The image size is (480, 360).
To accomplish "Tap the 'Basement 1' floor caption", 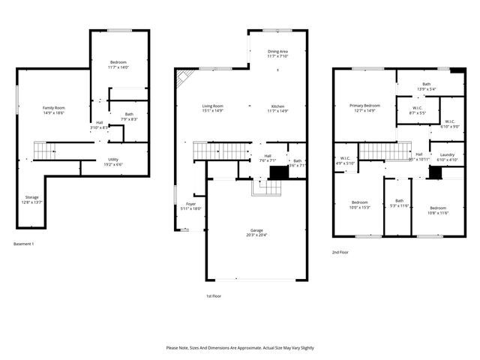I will click(24, 244).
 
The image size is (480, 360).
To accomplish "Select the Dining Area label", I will click(278, 53).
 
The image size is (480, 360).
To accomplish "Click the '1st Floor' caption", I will click(214, 296).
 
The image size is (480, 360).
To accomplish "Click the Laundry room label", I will click(447, 157).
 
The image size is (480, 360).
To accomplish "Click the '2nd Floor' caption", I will click(340, 253).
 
